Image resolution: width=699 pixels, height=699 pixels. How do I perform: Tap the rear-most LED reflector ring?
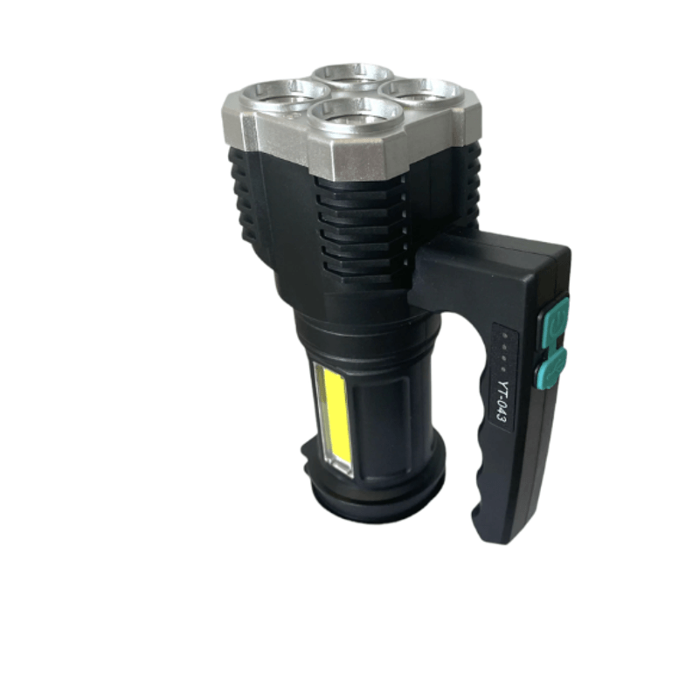coord(352,67)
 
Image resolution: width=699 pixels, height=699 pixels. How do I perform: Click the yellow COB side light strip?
coord(334,418)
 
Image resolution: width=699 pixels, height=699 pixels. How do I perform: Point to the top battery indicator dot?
coord(505,336)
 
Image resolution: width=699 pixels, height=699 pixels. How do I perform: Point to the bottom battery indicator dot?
coord(502,369)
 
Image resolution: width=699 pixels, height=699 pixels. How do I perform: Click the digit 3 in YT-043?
coord(501,419)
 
